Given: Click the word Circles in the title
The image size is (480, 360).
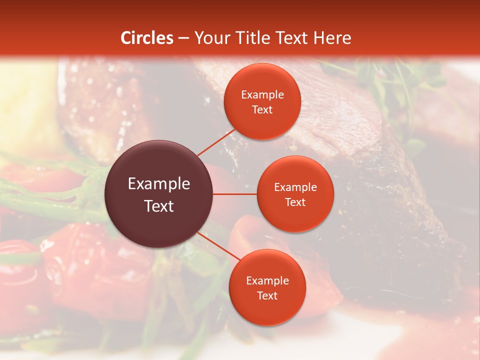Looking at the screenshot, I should (x=146, y=38).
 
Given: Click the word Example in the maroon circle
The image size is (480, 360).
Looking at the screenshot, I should (x=159, y=184).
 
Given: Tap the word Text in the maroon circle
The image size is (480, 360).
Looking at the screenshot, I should (x=159, y=205).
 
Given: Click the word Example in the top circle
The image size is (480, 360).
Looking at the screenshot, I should (x=262, y=95).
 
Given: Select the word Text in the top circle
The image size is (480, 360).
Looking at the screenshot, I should (x=262, y=109).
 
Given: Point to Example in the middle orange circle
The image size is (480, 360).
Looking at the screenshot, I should (x=295, y=187).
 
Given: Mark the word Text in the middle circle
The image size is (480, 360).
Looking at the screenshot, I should (x=295, y=202).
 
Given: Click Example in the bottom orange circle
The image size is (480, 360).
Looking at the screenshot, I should (x=267, y=280).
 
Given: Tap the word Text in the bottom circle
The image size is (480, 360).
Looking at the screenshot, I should (x=267, y=295).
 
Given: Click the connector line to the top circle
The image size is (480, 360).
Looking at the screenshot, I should (x=216, y=142).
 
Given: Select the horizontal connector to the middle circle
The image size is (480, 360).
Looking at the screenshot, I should (x=234, y=193).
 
